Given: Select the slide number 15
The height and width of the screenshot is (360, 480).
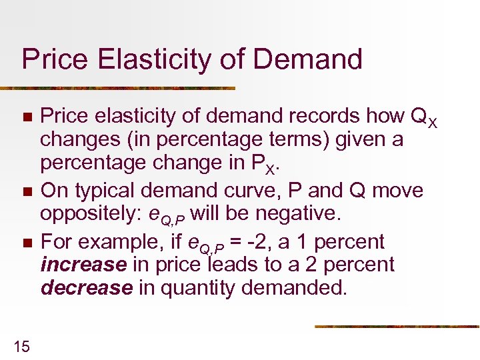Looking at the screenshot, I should [x=21, y=345].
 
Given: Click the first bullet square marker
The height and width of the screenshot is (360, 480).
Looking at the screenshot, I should [x=26, y=117].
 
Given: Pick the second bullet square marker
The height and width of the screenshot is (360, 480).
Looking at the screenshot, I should [x=26, y=192].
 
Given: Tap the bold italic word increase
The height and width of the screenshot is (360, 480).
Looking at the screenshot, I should [x=84, y=265].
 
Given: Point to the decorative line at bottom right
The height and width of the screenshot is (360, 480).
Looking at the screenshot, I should [x=397, y=327].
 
